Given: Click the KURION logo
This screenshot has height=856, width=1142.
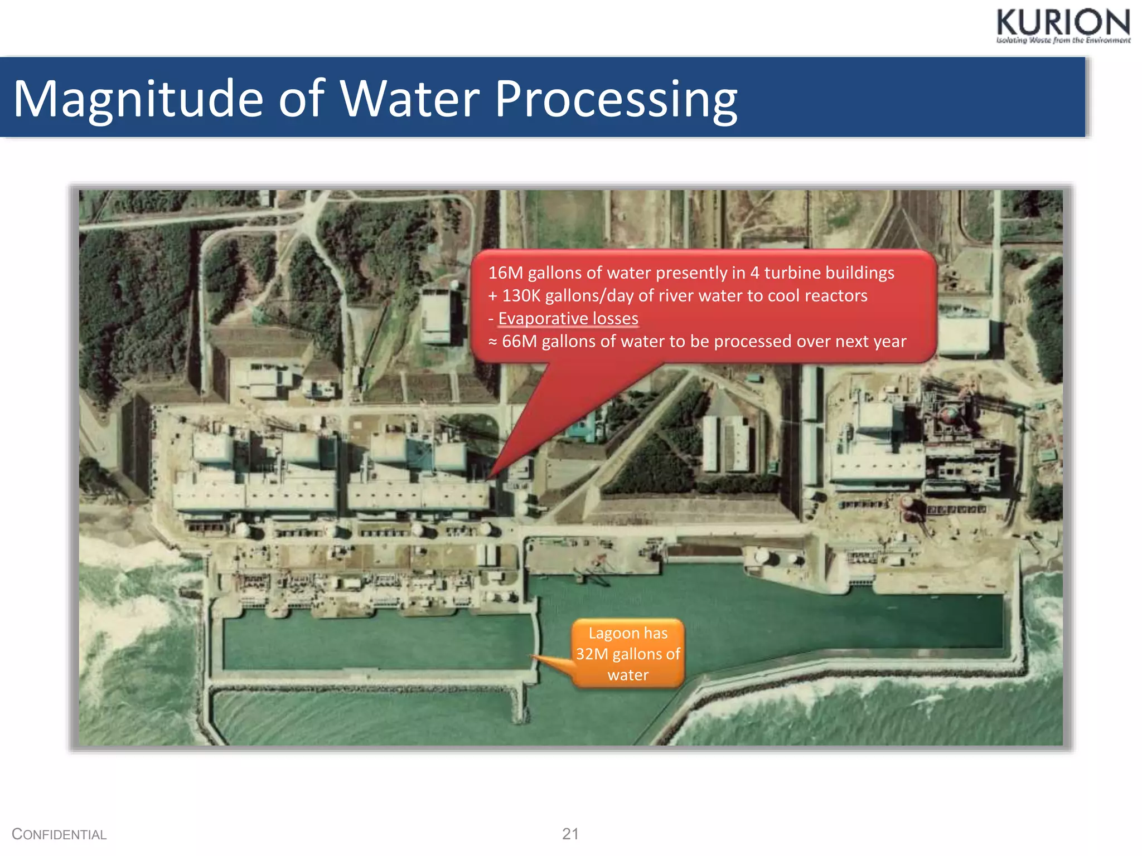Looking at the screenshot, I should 1063,23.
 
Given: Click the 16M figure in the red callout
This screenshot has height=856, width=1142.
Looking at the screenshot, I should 505,273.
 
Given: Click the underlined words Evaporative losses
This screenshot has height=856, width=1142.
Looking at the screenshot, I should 568,318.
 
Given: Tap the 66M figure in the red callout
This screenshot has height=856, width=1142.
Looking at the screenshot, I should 519,341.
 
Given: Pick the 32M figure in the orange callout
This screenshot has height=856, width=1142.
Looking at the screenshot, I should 592,654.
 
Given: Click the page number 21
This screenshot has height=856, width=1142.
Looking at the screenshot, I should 570,834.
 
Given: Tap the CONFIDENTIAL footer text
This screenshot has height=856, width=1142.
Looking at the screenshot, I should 59,834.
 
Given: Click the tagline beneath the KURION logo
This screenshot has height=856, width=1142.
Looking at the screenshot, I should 1063,40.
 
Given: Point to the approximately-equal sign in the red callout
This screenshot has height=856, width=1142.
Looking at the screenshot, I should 492,341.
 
